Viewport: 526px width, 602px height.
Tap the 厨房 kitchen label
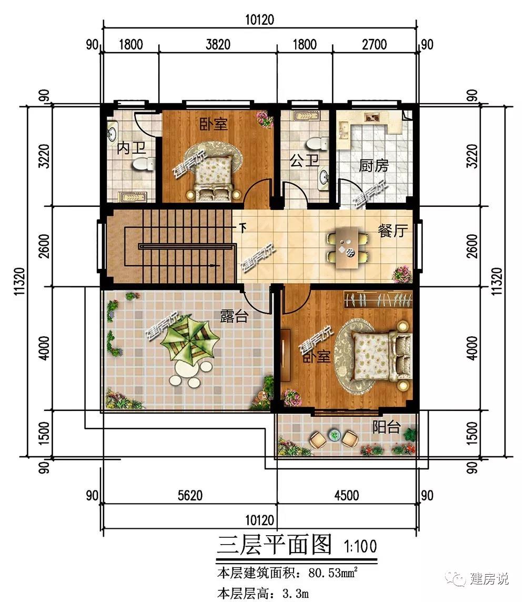pos(373,165)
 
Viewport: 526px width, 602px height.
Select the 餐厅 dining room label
pos(392,230)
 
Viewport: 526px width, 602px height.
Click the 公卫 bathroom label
pos(304,160)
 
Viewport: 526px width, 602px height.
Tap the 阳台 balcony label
pos(387,427)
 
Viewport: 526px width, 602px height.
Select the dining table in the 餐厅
pos(348,247)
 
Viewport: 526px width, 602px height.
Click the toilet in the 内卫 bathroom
pos(143,164)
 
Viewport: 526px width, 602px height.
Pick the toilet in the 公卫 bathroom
pos(317,144)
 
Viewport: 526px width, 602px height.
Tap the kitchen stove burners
pos(371,117)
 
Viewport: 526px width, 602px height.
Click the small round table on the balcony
pos(335,435)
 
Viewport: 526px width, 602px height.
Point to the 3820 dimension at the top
pos(218,44)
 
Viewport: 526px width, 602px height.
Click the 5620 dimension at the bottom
pos(190,495)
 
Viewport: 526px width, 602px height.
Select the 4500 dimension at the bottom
pos(347,495)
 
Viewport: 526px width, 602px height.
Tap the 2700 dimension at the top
pos(374,44)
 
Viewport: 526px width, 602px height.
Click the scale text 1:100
pos(360,546)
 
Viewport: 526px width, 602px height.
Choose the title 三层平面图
pos(275,545)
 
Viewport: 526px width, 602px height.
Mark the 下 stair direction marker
pos(243,228)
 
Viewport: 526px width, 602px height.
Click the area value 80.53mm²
pos(333,573)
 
